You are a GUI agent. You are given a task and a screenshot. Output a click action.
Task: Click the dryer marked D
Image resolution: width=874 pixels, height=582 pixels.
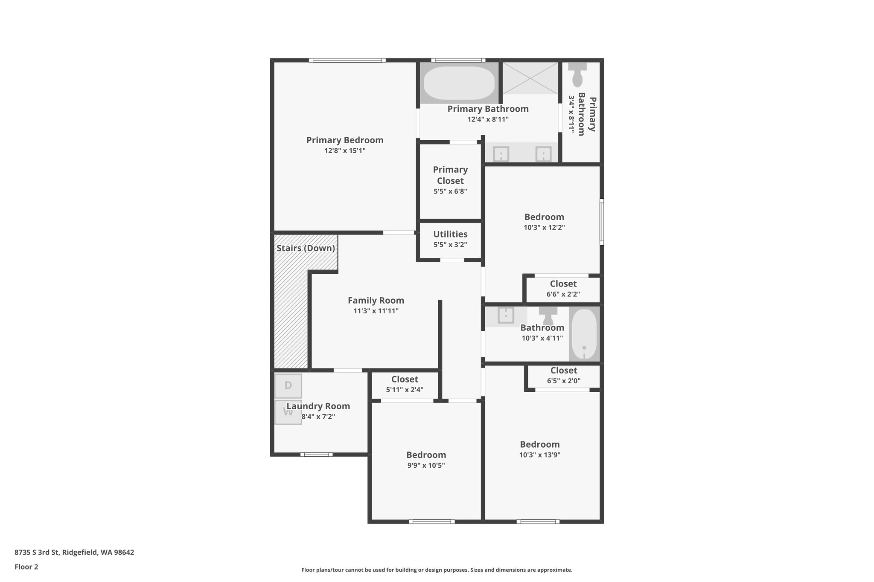tap(288, 386)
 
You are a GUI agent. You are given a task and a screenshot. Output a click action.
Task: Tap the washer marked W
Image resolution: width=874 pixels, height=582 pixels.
tap(288, 412)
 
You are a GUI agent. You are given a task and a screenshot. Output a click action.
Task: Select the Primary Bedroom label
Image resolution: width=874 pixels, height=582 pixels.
tap(345, 140)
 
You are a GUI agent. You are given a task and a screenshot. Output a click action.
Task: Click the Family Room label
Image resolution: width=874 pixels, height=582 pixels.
tap(376, 301)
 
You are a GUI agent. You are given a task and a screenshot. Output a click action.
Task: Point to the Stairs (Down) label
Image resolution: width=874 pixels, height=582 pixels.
tap(306, 248)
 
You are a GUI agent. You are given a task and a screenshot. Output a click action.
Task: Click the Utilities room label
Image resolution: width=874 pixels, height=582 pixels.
tap(450, 234)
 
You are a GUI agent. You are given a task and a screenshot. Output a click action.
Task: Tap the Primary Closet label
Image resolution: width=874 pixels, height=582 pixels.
tap(450, 175)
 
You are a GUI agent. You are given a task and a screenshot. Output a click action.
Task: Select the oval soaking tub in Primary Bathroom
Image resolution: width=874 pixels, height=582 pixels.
tap(459, 83)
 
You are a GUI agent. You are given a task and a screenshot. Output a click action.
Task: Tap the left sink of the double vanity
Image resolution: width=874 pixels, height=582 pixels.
tap(501, 154)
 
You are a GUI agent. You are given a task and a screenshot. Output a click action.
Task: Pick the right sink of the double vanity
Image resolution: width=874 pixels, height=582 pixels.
tap(543, 154)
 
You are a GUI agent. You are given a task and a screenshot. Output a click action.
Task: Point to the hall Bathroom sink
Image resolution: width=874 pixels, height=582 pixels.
tap(506, 316)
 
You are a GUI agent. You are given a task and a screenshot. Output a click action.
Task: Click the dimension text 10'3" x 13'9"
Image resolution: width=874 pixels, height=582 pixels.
tap(540, 455)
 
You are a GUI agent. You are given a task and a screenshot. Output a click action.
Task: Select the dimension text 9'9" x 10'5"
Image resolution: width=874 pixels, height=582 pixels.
tap(426, 466)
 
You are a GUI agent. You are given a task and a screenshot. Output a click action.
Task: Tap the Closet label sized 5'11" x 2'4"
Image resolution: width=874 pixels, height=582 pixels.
tap(405, 379)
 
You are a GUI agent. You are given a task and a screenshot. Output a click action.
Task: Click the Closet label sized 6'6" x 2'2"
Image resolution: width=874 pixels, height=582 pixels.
tap(563, 284)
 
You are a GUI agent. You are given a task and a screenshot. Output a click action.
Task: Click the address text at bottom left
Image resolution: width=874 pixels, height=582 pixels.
tap(74, 553)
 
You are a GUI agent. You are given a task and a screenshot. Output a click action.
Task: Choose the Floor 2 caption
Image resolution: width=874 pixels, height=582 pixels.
tap(26, 567)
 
